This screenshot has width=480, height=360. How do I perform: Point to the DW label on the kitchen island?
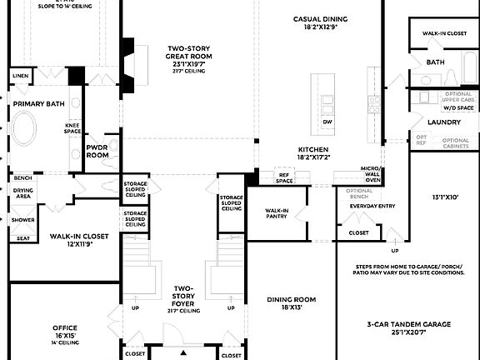327,122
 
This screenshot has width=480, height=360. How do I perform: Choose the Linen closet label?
20,76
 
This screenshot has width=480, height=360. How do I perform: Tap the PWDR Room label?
97,152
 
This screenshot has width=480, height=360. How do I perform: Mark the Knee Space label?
72,128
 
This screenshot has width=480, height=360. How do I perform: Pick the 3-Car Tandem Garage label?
408,327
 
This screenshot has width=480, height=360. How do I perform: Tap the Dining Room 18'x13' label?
292,303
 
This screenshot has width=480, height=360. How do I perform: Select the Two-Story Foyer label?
183,297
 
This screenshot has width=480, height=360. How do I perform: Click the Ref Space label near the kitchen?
286,177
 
